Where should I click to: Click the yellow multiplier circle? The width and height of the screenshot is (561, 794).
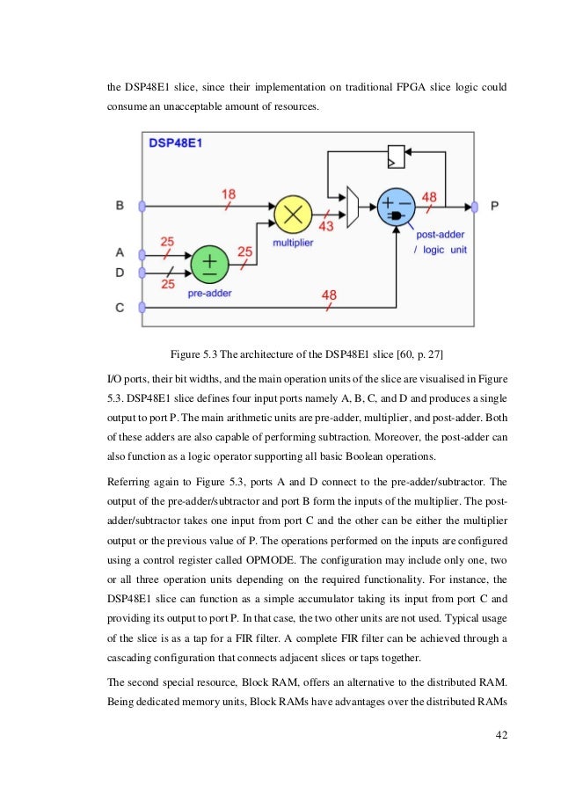(292, 215)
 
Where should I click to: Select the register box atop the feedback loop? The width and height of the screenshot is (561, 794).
(396, 157)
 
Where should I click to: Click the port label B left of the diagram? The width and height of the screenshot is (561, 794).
(120, 206)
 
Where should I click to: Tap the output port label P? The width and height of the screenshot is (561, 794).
(494, 206)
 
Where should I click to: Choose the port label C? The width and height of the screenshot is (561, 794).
(120, 307)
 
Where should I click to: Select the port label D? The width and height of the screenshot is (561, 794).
(120, 273)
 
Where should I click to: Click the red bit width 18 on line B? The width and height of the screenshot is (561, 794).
(229, 193)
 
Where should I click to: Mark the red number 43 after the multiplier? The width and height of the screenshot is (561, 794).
(326, 226)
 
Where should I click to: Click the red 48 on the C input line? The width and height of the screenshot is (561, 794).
(329, 295)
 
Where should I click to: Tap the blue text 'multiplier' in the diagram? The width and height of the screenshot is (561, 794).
(293, 242)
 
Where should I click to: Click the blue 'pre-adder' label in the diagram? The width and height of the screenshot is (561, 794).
(209, 295)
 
